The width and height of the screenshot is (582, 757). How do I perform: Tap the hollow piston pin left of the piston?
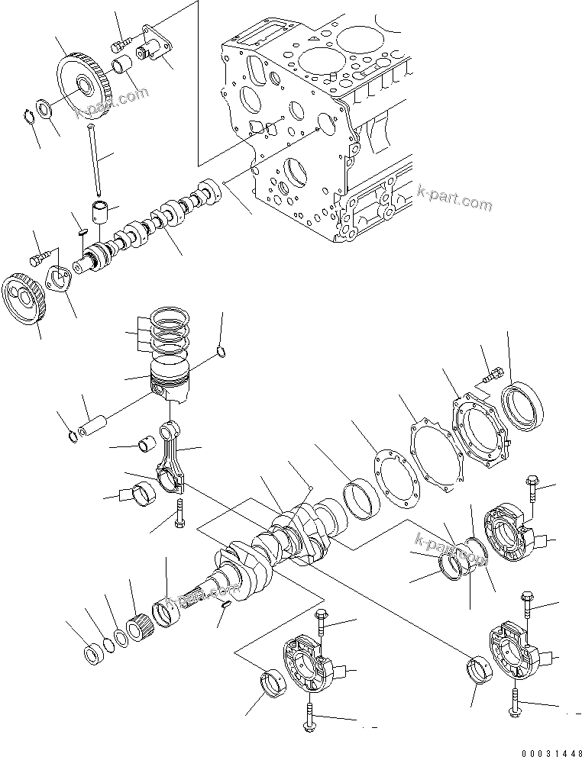94,421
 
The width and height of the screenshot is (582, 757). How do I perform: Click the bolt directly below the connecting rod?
179,513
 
